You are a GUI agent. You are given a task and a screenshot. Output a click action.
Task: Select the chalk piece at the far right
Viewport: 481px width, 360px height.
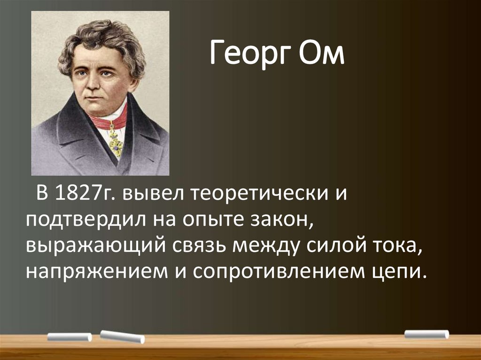[x=427, y=334]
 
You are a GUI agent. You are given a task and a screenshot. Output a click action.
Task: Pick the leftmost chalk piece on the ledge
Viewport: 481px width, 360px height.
[x=70, y=337]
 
